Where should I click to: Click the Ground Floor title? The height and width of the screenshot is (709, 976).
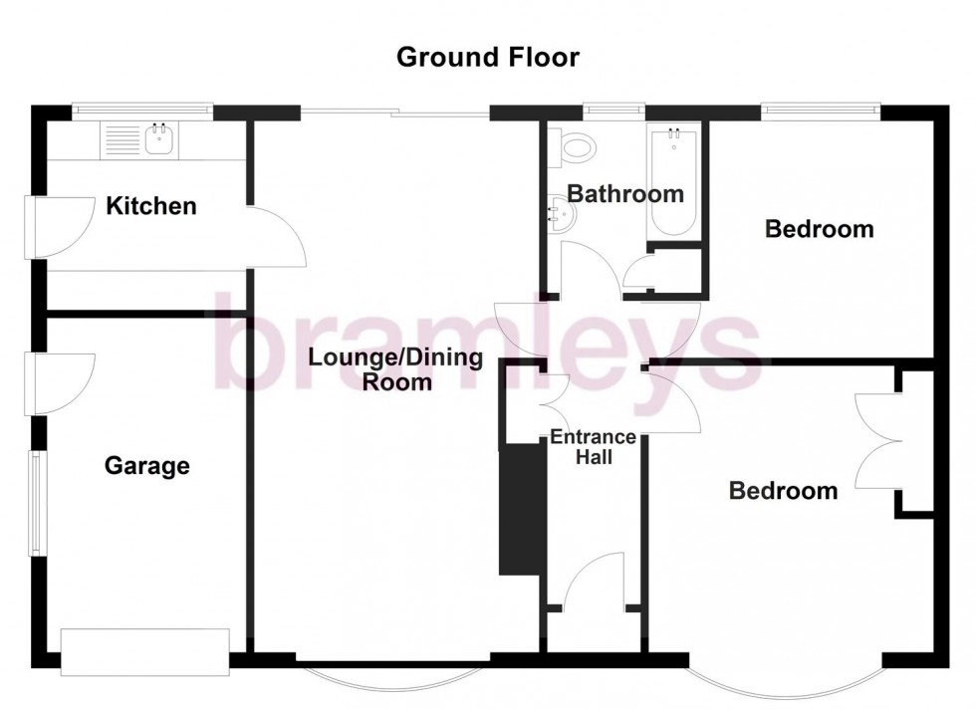(487, 57)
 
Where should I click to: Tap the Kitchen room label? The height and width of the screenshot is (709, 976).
(151, 206)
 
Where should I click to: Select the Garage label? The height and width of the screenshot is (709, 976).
(146, 465)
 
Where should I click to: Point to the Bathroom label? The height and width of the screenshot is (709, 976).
(625, 193)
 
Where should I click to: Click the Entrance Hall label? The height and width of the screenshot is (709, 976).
(593, 447)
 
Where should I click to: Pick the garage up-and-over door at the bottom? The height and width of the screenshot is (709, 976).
(145, 652)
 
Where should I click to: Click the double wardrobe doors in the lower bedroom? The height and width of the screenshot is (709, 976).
(879, 440)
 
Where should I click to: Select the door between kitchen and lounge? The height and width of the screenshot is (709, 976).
(277, 237)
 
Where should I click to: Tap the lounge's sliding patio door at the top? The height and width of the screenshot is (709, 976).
(395, 113)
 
